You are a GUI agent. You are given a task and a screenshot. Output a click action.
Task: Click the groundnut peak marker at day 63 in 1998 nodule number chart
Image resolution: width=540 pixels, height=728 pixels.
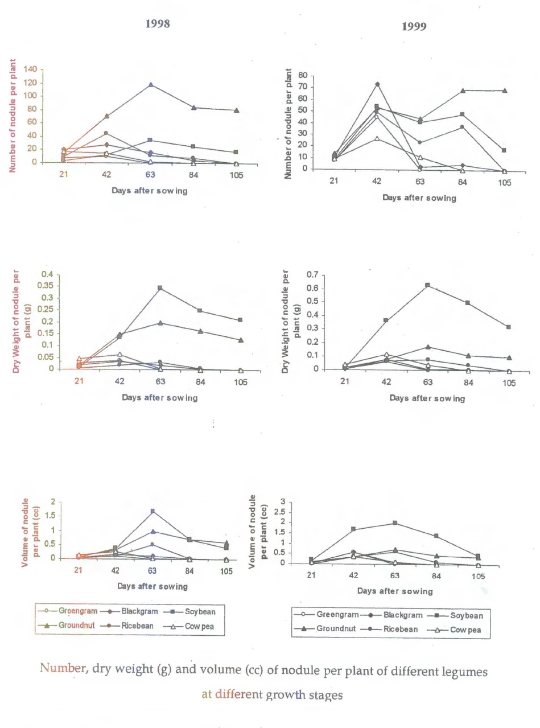[x=151, y=85]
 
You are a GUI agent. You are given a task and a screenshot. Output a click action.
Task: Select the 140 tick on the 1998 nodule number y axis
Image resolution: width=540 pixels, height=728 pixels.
[x=30, y=69]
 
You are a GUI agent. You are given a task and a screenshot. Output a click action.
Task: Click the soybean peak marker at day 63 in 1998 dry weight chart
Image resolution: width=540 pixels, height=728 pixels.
[x=160, y=288]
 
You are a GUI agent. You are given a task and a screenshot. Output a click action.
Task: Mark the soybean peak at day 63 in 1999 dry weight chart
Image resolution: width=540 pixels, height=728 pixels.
[x=427, y=285]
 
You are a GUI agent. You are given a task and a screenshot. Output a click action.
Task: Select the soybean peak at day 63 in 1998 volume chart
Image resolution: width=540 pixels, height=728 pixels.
[x=152, y=511]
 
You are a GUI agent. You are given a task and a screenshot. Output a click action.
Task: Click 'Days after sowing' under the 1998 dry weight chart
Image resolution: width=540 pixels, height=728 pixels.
[x=160, y=397]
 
